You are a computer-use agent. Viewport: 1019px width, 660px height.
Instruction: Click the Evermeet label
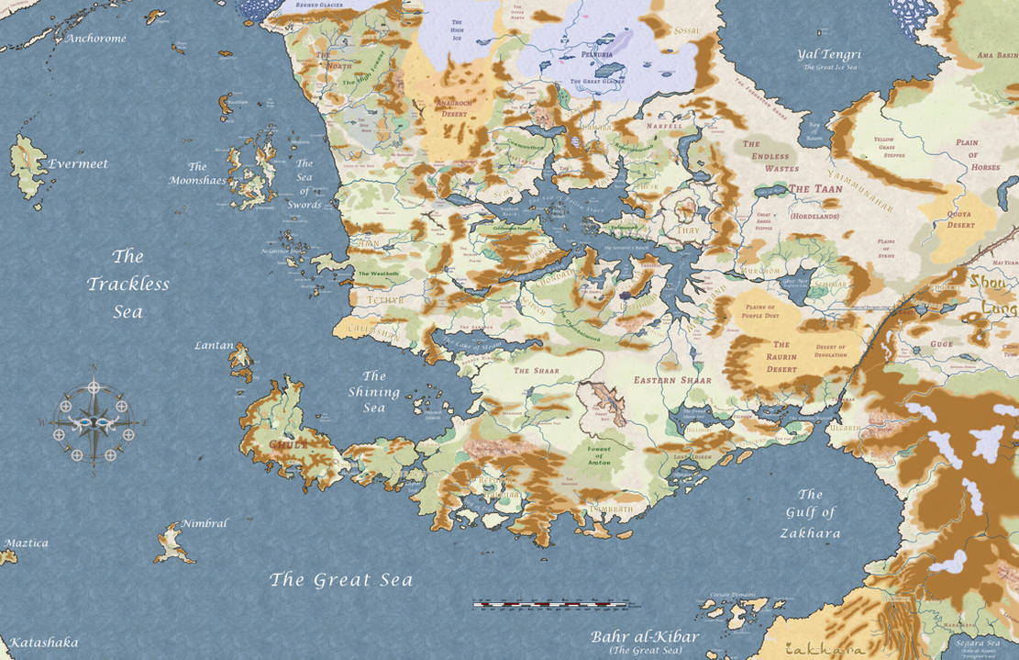coord(78,164)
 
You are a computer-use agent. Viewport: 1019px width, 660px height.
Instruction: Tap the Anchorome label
coord(95,39)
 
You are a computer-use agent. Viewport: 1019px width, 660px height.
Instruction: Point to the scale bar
coord(550,605)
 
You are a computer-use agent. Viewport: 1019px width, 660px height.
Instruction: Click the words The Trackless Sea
coord(128,284)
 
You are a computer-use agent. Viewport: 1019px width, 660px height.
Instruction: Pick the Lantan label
coord(214,345)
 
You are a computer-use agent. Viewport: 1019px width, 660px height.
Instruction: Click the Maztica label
coord(26,543)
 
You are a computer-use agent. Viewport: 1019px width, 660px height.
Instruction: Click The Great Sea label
coord(340,580)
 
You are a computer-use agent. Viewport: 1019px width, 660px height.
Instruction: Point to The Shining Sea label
coord(373,392)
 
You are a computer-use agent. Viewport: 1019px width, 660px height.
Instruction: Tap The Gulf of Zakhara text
coord(810,513)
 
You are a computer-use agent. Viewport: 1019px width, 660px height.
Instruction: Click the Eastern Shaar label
coord(672,379)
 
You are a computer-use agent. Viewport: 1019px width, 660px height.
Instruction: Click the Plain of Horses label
coord(978,155)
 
